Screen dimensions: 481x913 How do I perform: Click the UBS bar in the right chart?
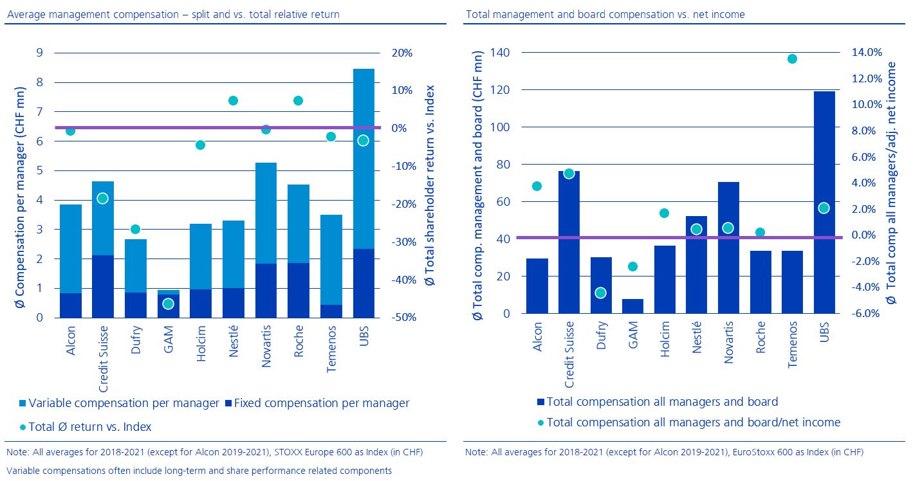coord(824,203)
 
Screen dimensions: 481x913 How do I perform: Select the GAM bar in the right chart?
coord(632,306)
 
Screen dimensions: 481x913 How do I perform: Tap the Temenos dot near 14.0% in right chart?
coord(792,59)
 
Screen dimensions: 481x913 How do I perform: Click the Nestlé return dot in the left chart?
coord(233,101)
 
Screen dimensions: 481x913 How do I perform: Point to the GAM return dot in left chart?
coord(168,304)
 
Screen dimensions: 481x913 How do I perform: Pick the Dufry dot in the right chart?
coord(601,293)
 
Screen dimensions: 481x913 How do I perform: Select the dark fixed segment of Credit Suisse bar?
coord(102,286)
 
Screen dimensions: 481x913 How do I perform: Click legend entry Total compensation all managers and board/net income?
coord(688,422)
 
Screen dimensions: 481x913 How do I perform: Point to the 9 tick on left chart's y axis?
coord(40,53)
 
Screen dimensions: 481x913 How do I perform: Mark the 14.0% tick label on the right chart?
coord(863,53)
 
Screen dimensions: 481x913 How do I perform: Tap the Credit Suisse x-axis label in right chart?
coord(569,355)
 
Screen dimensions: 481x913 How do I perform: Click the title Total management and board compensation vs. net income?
coord(605,14)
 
